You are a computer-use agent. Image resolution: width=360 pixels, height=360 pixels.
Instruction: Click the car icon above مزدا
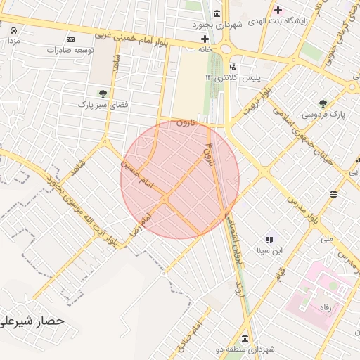(13, 30)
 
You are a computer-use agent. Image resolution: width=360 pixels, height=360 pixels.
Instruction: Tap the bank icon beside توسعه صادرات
(70, 39)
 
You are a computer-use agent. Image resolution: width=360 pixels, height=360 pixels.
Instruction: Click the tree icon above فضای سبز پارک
(103, 92)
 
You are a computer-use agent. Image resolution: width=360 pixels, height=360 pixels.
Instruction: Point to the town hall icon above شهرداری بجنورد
(215, 14)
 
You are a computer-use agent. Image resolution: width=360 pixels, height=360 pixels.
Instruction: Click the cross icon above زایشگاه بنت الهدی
(278, 10)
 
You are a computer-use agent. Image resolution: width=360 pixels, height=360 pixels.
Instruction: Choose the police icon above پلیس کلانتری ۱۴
(233, 67)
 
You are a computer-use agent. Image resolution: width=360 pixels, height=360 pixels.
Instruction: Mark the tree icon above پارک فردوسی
(323, 103)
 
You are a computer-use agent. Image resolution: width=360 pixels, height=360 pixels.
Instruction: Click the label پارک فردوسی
(319, 114)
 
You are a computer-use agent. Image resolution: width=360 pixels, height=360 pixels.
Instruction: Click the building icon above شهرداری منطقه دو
(244, 338)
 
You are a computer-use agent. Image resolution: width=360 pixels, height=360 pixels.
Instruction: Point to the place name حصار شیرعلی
(32, 320)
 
